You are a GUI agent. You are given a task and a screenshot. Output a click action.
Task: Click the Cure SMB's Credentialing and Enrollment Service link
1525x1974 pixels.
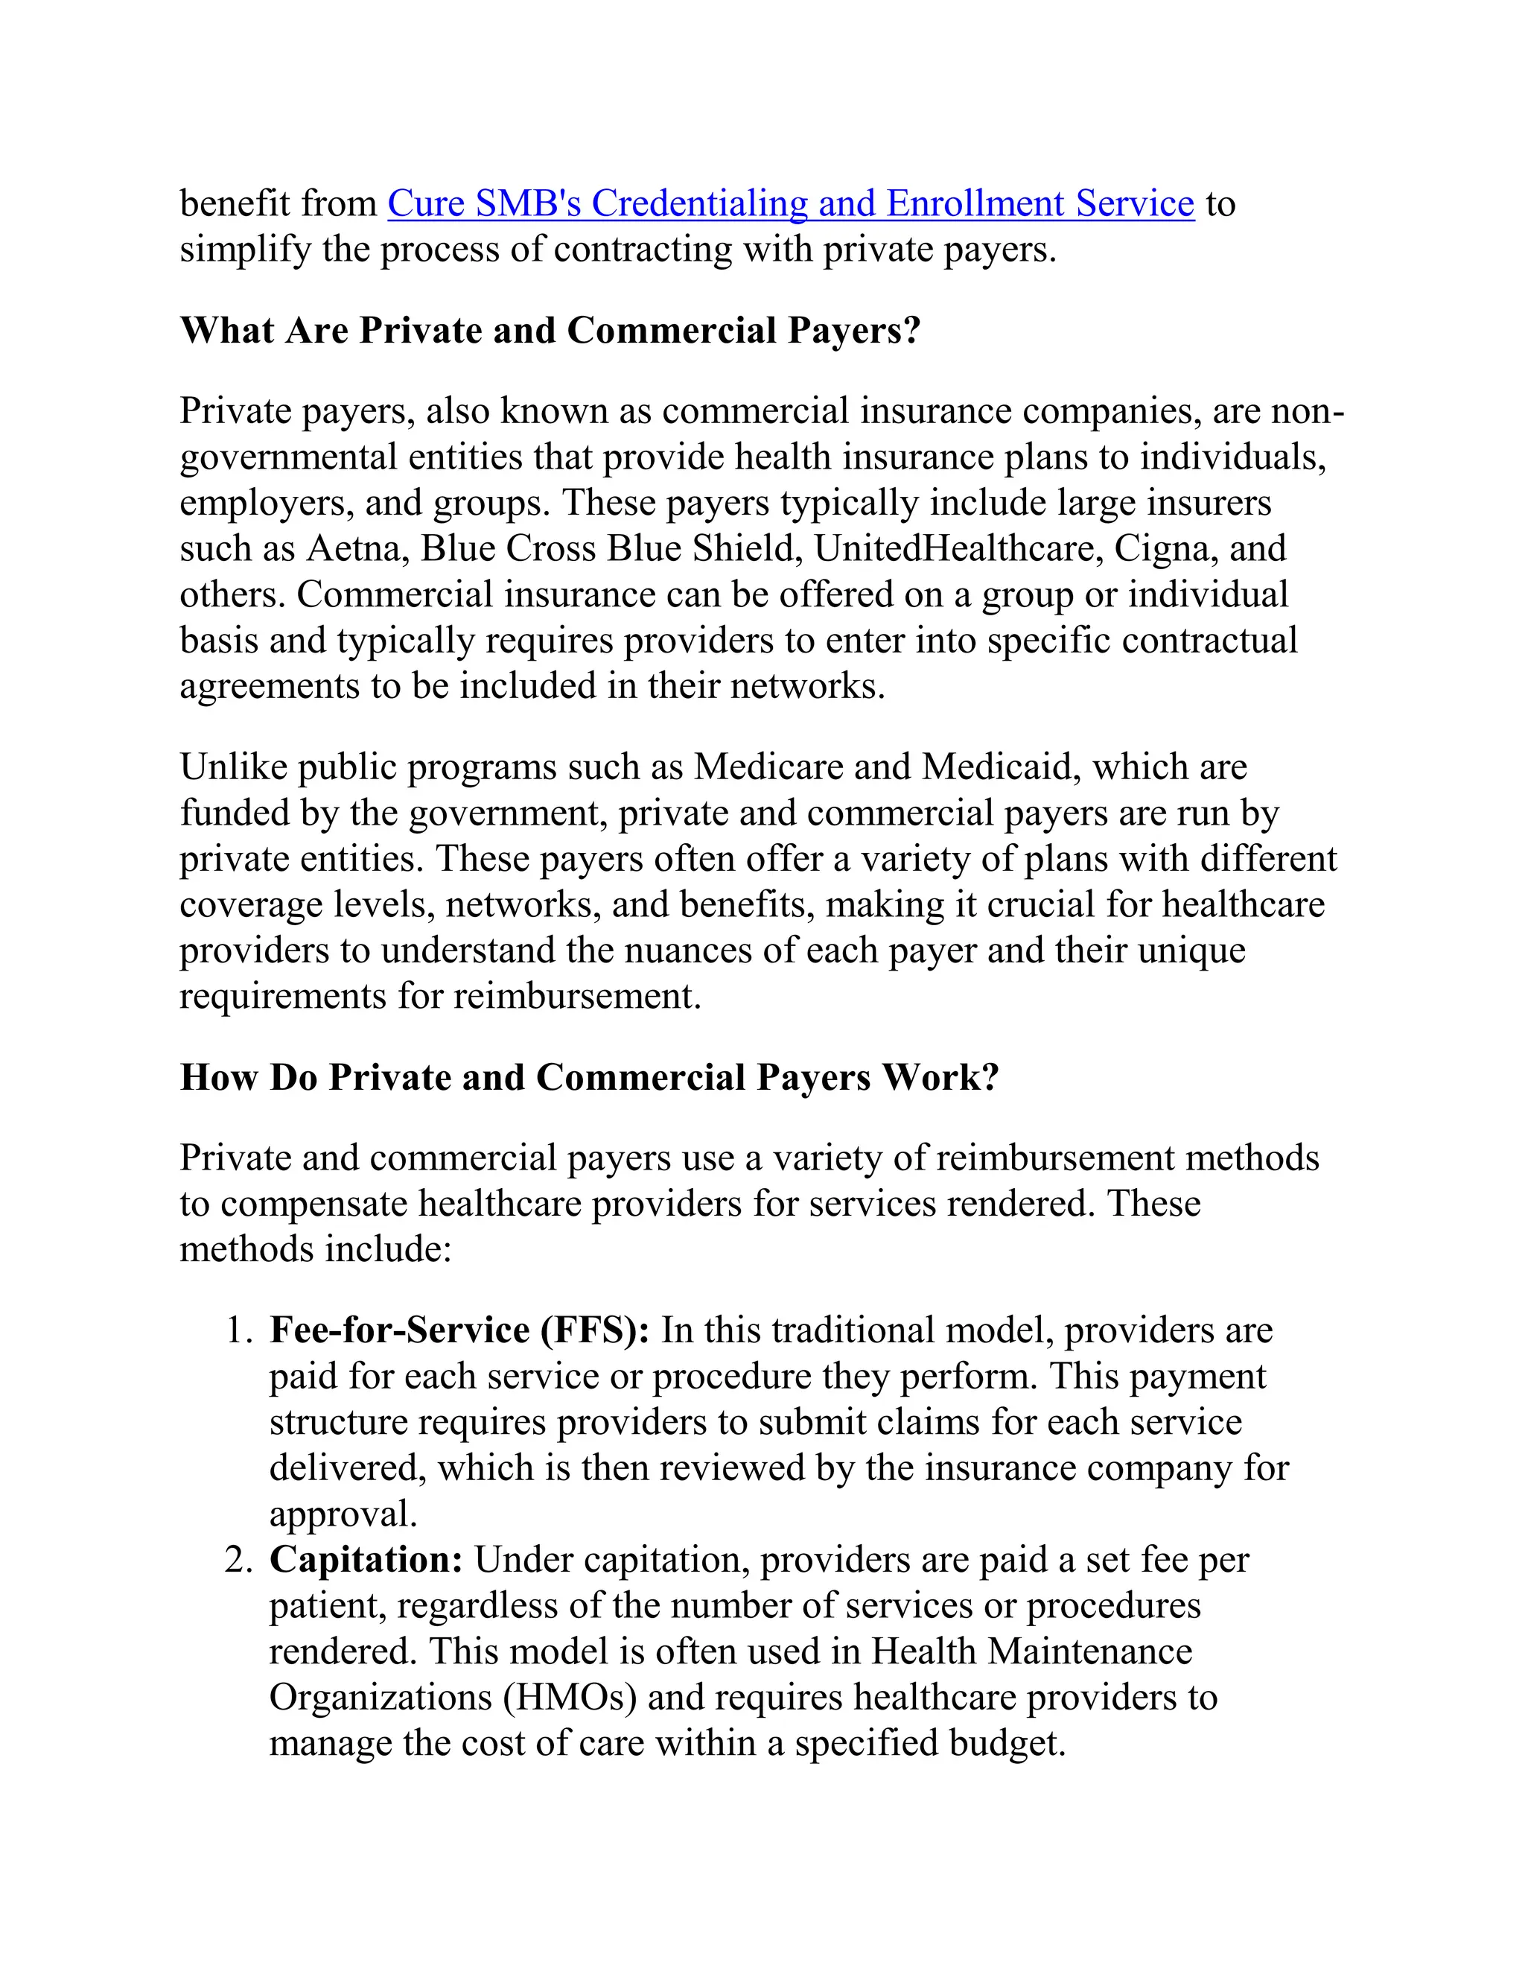pyautogui.click(x=791, y=203)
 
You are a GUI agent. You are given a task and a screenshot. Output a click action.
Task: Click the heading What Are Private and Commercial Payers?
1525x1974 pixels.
pyautogui.click(x=550, y=331)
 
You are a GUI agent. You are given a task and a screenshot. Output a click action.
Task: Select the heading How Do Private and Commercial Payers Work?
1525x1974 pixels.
pyautogui.click(x=589, y=1077)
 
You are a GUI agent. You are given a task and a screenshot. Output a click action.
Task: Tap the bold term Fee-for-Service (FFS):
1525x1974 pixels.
pyautogui.click(x=459, y=1330)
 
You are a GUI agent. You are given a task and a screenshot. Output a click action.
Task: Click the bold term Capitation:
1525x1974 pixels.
pyautogui.click(x=366, y=1560)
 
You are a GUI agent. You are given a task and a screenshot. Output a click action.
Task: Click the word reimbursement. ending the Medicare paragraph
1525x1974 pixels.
pyautogui.click(x=576, y=997)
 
